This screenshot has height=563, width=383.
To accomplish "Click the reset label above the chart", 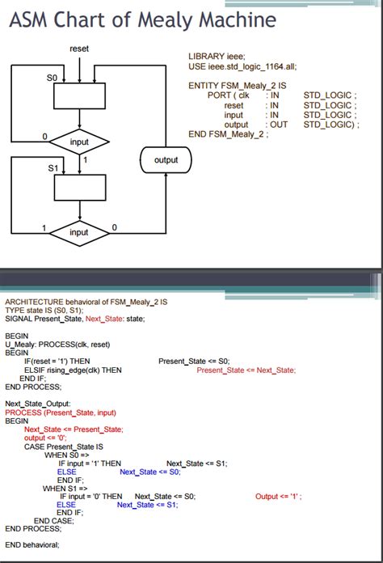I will (x=79, y=49).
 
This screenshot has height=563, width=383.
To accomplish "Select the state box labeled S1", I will (x=79, y=188).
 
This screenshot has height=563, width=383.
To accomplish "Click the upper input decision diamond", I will (x=79, y=142).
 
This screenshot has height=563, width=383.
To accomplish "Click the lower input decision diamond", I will (x=79, y=232).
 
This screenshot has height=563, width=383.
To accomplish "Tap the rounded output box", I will (x=166, y=160).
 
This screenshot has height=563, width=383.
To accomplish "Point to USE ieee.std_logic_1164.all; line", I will (x=240, y=66).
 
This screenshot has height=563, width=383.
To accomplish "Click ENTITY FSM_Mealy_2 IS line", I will (x=237, y=85).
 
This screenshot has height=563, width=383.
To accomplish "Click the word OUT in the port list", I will (x=279, y=125).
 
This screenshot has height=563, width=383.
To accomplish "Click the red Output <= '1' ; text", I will (x=279, y=496).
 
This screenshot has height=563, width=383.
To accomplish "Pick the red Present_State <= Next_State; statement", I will (x=246, y=370).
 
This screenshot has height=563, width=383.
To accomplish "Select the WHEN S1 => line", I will (x=63, y=488).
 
